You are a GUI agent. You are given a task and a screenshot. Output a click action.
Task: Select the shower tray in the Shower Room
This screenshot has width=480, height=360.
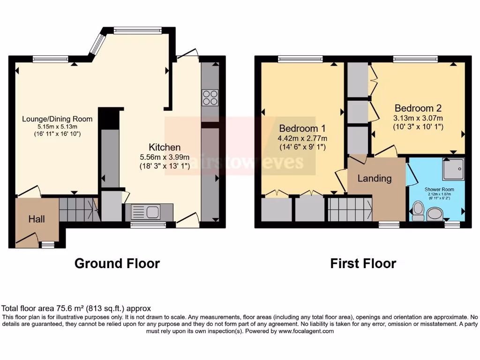453,169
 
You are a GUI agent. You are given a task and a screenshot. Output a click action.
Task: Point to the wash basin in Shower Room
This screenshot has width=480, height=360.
435,214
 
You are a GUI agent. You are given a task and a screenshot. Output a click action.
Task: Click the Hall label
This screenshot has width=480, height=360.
37,219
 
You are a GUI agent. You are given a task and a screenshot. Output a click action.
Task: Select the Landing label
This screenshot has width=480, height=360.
374,178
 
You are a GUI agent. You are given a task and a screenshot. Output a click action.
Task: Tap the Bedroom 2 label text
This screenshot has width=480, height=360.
418,107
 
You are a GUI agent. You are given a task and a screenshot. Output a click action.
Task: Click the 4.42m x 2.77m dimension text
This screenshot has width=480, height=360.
302,138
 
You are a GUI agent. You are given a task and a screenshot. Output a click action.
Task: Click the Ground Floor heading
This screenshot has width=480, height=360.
117,263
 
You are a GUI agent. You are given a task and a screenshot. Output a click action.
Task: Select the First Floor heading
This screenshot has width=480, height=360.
363,263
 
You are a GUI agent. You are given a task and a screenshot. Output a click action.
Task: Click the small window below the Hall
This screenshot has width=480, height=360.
47,244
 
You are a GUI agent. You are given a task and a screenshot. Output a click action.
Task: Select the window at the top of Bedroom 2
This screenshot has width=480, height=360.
415,59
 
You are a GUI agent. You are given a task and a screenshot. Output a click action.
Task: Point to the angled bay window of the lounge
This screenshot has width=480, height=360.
98,43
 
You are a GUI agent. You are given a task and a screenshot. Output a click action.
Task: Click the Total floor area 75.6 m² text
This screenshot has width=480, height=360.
76,308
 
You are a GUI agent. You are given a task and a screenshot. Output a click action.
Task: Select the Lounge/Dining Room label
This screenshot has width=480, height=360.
57,119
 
